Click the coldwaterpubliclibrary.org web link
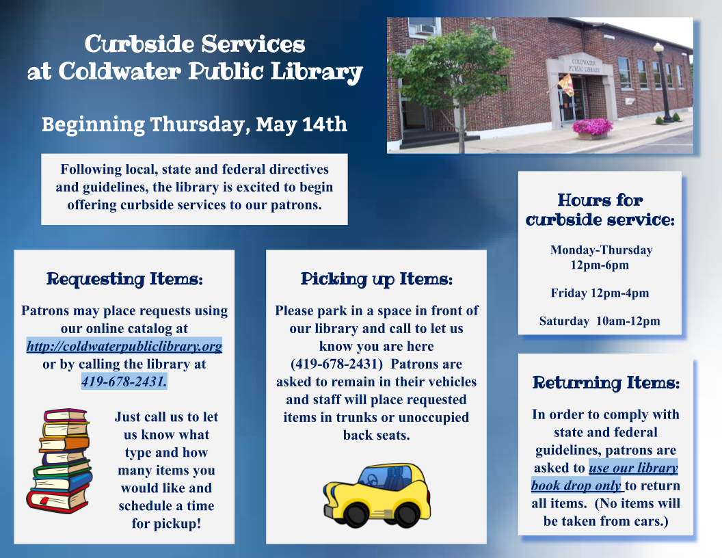[124, 347]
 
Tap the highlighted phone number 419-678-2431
[124, 382]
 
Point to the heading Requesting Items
[124, 279]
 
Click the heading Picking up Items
[377, 279]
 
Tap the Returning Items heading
[606, 383]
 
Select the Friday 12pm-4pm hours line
[600, 293]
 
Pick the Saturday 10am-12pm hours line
[600, 321]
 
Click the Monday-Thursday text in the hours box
[601, 250]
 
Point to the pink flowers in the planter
[593, 126]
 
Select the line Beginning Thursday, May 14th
[194, 125]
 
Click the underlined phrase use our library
[634, 468]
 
